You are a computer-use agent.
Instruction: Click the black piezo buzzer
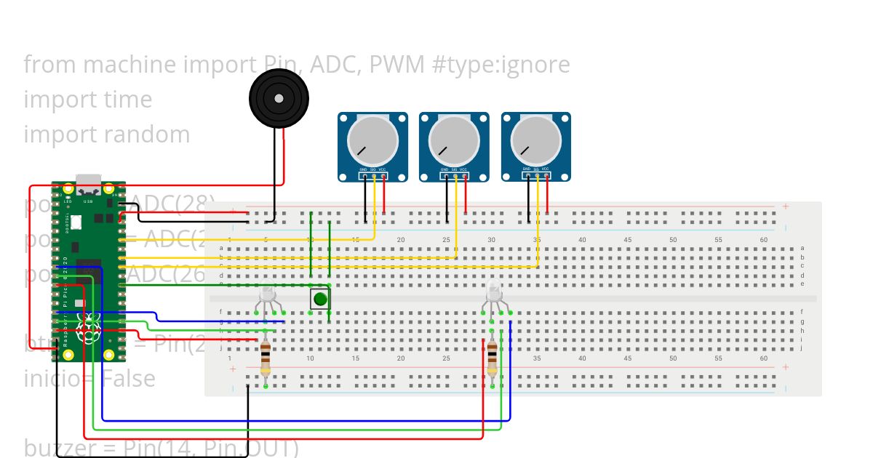pyautogui.click(x=279, y=99)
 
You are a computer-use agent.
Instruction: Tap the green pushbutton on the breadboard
pyautogui.click(x=320, y=299)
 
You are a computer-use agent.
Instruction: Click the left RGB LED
pyautogui.click(x=267, y=294)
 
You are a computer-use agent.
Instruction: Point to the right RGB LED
pyautogui.click(x=494, y=294)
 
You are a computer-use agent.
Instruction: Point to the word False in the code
pyautogui.click(x=129, y=379)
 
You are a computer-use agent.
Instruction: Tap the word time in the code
pyautogui.click(x=127, y=100)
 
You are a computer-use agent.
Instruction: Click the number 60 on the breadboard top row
pyautogui.click(x=763, y=240)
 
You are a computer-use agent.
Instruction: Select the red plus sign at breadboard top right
pyautogui.click(x=786, y=206)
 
